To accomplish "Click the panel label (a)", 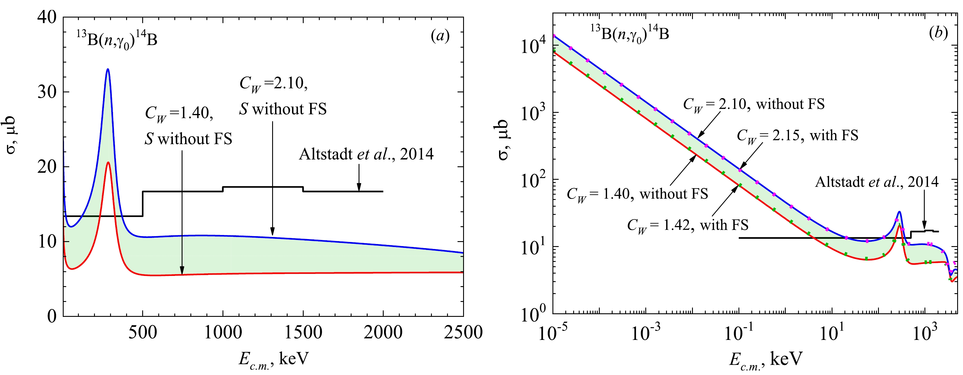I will pyautogui.click(x=440, y=36).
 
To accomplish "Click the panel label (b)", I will pyautogui.click(x=938, y=33).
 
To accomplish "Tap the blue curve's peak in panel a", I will pyautogui.click(x=108, y=69).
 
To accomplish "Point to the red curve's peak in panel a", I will pyautogui.click(x=108, y=163).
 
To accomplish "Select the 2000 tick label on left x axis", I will pyautogui.click(x=383, y=332).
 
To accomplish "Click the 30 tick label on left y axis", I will pyautogui.click(x=47, y=92).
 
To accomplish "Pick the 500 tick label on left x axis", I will pyautogui.click(x=143, y=332).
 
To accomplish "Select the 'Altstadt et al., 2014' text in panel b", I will pyautogui.click(x=876, y=182).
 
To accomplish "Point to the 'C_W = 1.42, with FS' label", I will pyautogui.click(x=688, y=225).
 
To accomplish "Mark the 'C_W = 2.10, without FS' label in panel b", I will pyautogui.click(x=754, y=104).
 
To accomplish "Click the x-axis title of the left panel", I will pyautogui.click(x=274, y=359).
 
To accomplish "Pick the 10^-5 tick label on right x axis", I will pyautogui.click(x=552, y=332).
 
